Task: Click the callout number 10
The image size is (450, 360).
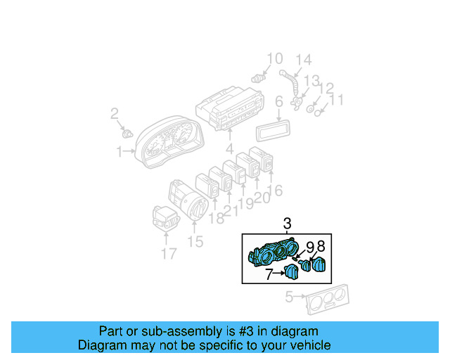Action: [x=274, y=58]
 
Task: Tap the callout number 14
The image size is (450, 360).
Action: [x=302, y=59]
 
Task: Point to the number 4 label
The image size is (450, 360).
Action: [x=229, y=149]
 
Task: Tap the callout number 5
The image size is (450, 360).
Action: [x=288, y=298]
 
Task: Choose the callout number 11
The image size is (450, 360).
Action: [x=337, y=101]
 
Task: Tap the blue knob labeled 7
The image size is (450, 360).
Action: [x=292, y=273]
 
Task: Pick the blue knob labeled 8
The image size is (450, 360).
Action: [x=320, y=265]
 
